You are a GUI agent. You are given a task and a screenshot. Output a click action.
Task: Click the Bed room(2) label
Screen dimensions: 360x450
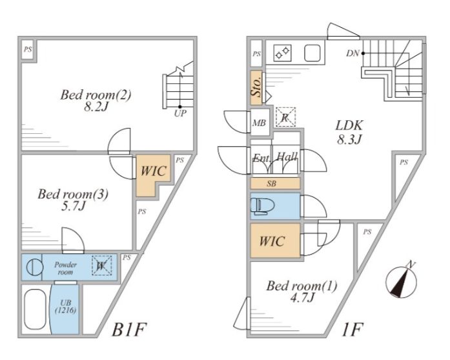[96, 96]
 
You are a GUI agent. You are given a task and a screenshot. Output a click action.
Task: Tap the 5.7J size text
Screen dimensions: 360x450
[66, 207]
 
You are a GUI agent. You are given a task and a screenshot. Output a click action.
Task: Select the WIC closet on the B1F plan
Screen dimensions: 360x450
[153, 172]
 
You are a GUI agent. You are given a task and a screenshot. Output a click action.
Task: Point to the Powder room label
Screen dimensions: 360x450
[65, 268]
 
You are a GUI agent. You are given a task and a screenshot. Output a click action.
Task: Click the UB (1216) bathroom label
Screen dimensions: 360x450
[66, 308]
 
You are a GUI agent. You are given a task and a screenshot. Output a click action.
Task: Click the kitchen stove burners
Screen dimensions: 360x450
[282, 52]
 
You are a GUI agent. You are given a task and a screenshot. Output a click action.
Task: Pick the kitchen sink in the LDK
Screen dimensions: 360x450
[312, 52]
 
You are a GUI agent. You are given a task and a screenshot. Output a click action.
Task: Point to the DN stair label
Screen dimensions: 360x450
[352, 54]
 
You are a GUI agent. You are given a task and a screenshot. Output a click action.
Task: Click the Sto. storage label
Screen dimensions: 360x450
[256, 88]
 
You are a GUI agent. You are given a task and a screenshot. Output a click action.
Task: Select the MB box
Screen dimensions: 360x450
[260, 123]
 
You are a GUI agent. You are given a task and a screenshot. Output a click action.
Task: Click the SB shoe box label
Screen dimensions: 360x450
[274, 184]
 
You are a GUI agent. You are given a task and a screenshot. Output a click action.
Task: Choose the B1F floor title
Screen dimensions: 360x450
[131, 330]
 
